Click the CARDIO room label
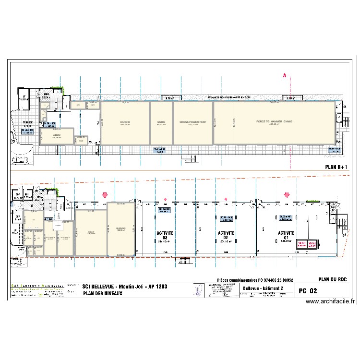click(125, 122)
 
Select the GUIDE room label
click(161, 122)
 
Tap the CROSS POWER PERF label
click(193, 122)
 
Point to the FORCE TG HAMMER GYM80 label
click(274, 122)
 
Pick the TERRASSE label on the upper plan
click(26, 123)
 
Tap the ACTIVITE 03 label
click(165, 235)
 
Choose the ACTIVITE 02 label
click(226, 235)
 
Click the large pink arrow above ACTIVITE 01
click(287, 195)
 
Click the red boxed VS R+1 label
click(301, 244)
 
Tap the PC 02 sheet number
click(308, 290)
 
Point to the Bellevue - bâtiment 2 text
click(263, 288)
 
